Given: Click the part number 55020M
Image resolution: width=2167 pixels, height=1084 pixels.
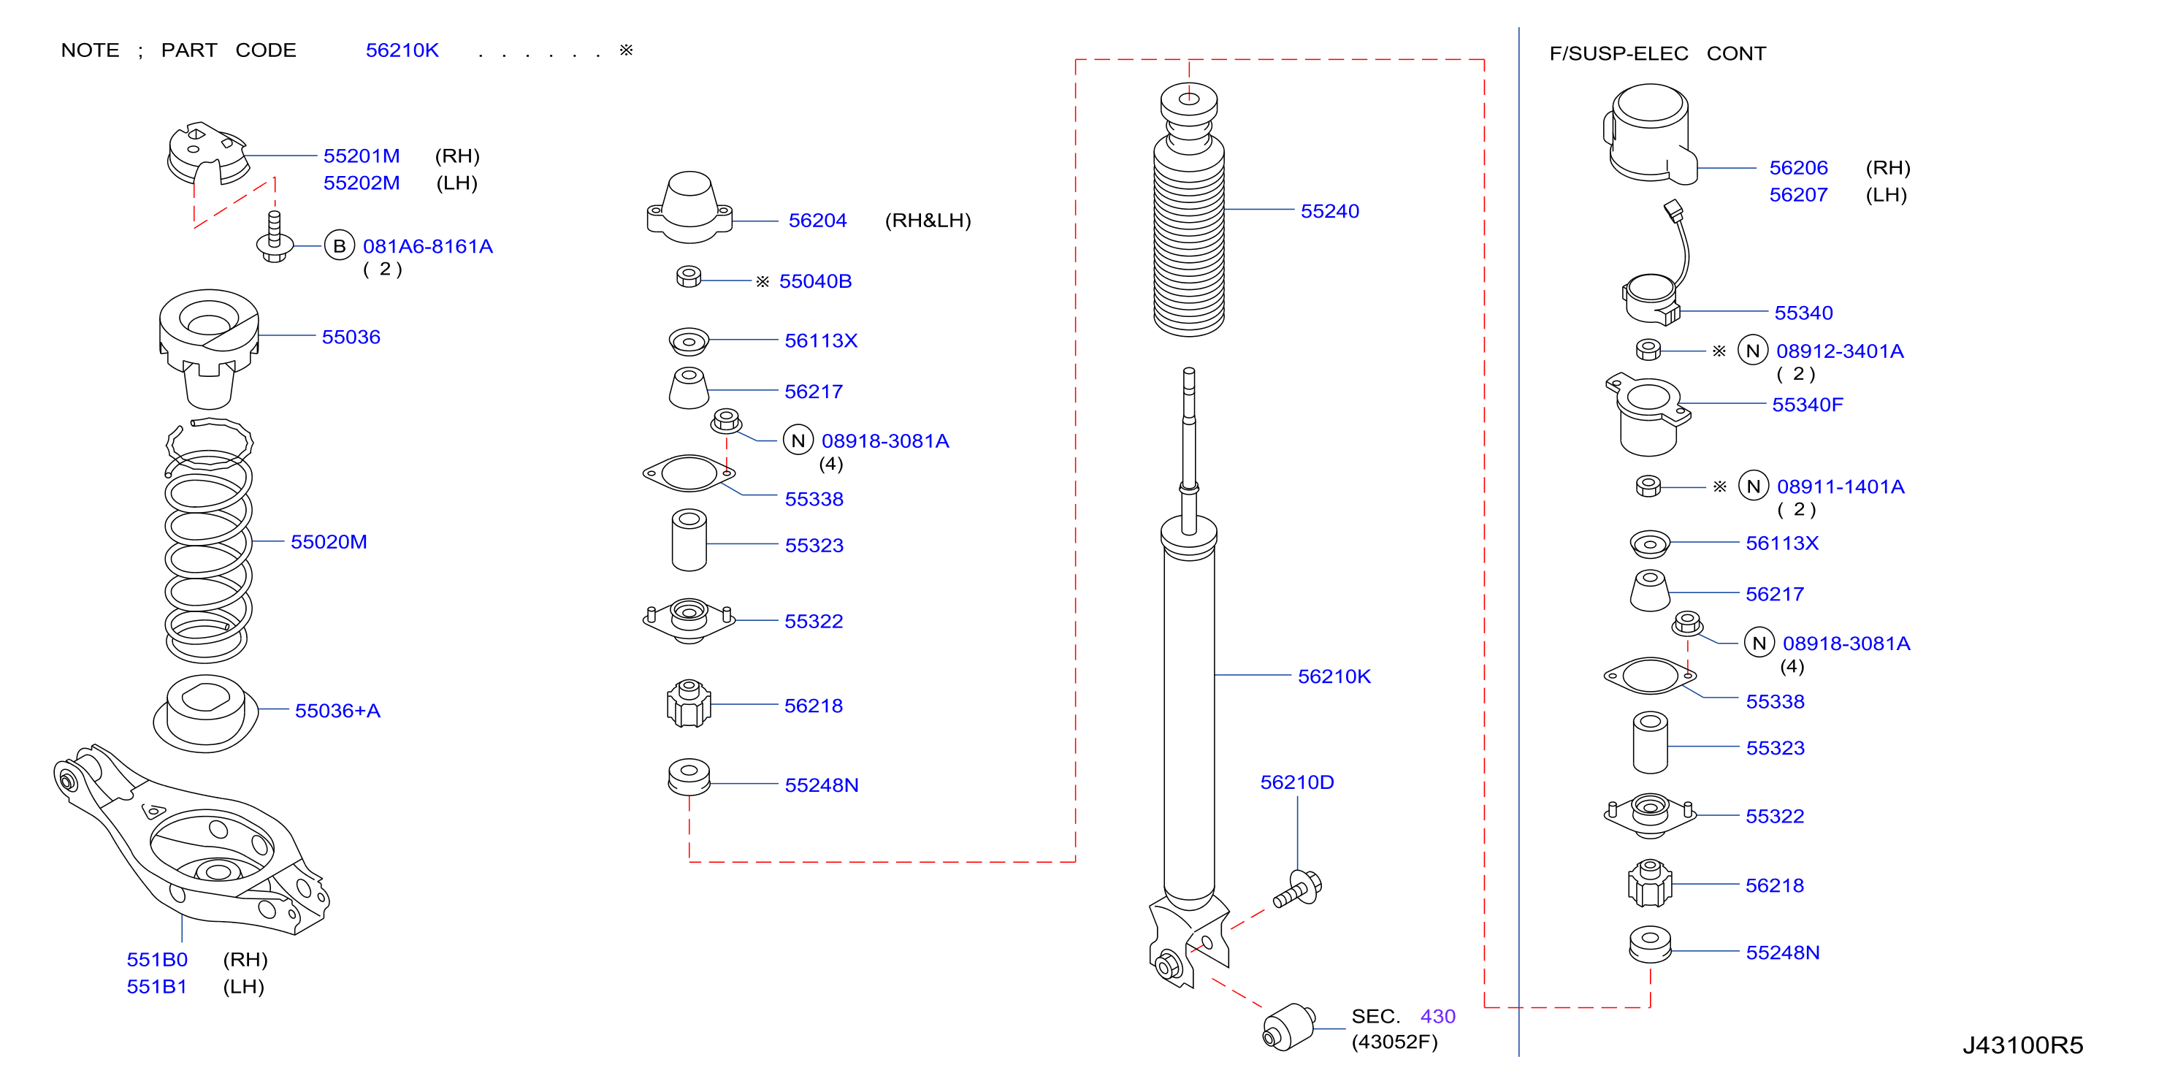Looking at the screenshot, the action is [x=329, y=542].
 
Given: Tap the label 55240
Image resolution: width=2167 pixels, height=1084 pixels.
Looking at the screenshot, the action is [x=1329, y=211].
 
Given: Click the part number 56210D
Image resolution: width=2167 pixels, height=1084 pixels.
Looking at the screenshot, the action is [x=1296, y=783].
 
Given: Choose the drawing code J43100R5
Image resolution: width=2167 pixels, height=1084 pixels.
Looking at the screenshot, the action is [x=2022, y=1045].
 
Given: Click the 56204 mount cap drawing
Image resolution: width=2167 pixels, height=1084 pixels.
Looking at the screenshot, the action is [x=689, y=208].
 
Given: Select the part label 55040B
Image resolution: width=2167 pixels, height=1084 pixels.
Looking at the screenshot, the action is [x=815, y=281].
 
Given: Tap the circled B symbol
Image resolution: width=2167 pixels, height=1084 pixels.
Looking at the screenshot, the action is [x=339, y=245].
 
